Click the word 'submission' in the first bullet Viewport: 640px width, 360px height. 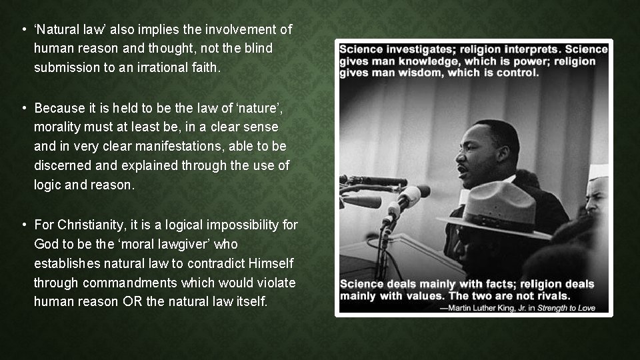point(63,67)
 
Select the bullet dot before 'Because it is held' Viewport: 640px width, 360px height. point(23,108)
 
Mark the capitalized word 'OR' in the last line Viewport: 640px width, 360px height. point(131,302)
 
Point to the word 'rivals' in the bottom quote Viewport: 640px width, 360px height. point(549,295)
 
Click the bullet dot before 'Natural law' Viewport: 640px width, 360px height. point(23,30)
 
